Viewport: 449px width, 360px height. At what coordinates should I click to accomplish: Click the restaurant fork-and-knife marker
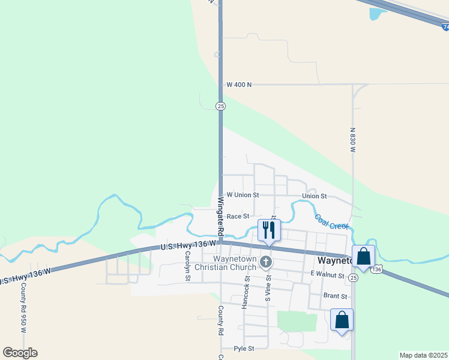pyautogui.click(x=268, y=230)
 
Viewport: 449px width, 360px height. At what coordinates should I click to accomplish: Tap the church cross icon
pyautogui.click(x=267, y=262)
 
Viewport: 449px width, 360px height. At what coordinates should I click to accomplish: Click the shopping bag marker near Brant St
pyautogui.click(x=342, y=319)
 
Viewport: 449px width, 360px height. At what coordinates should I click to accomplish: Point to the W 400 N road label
pyautogui.click(x=238, y=85)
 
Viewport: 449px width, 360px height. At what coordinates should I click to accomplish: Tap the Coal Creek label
pyautogui.click(x=331, y=222)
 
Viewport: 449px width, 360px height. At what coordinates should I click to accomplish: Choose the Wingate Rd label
pyautogui.click(x=220, y=215)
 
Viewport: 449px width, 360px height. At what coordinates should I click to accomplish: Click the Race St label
pyautogui.click(x=238, y=216)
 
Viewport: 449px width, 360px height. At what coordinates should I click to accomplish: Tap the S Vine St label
pyautogui.click(x=268, y=286)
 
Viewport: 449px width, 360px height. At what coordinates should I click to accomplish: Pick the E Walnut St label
pyautogui.click(x=327, y=275)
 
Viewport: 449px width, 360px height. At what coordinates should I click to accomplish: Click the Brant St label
pyautogui.click(x=335, y=296)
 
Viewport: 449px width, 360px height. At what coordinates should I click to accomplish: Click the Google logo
pyautogui.click(x=20, y=353)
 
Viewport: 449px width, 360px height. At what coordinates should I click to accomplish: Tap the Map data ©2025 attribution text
pyautogui.click(x=423, y=355)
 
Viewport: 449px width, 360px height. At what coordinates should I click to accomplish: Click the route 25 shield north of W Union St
pyautogui.click(x=221, y=106)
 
